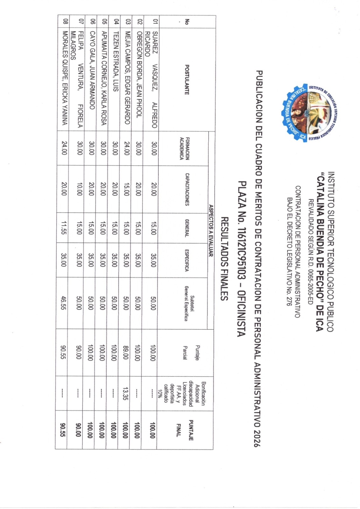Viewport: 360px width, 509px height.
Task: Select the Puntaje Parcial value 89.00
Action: pos(126,352)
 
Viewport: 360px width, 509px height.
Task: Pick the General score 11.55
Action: pos(64,227)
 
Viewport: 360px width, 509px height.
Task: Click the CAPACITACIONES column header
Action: pos(187,189)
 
